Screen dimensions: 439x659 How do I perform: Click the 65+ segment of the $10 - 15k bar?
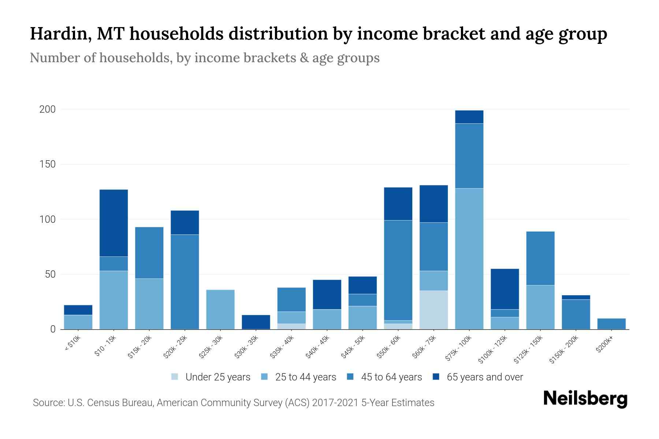pyautogui.click(x=113, y=223)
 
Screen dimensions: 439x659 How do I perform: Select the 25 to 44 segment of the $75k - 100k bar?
pyautogui.click(x=469, y=259)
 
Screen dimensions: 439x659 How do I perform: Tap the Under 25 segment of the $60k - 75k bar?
pyautogui.click(x=433, y=310)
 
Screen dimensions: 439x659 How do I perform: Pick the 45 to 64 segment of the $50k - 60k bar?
pyautogui.click(x=398, y=270)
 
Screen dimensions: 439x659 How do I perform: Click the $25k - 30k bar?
pyautogui.click(x=220, y=309)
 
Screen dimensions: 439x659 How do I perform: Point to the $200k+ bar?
pyautogui.click(x=611, y=324)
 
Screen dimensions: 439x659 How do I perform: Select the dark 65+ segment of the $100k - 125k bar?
pyautogui.click(x=505, y=289)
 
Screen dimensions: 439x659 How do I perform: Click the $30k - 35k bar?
pyautogui.click(x=256, y=322)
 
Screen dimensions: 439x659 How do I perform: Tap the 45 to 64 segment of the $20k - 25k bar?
pyautogui.click(x=185, y=282)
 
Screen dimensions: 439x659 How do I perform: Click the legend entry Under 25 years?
pyautogui.click(x=217, y=377)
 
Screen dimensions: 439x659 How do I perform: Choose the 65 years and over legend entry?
pyautogui.click(x=484, y=377)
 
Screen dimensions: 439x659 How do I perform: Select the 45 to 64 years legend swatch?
pyautogui.click(x=350, y=377)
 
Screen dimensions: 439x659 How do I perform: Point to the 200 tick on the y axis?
pyautogui.click(x=48, y=109)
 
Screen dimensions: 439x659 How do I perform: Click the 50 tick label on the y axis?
pyautogui.click(x=50, y=274)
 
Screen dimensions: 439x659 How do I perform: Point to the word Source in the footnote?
pyautogui.click(x=48, y=403)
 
